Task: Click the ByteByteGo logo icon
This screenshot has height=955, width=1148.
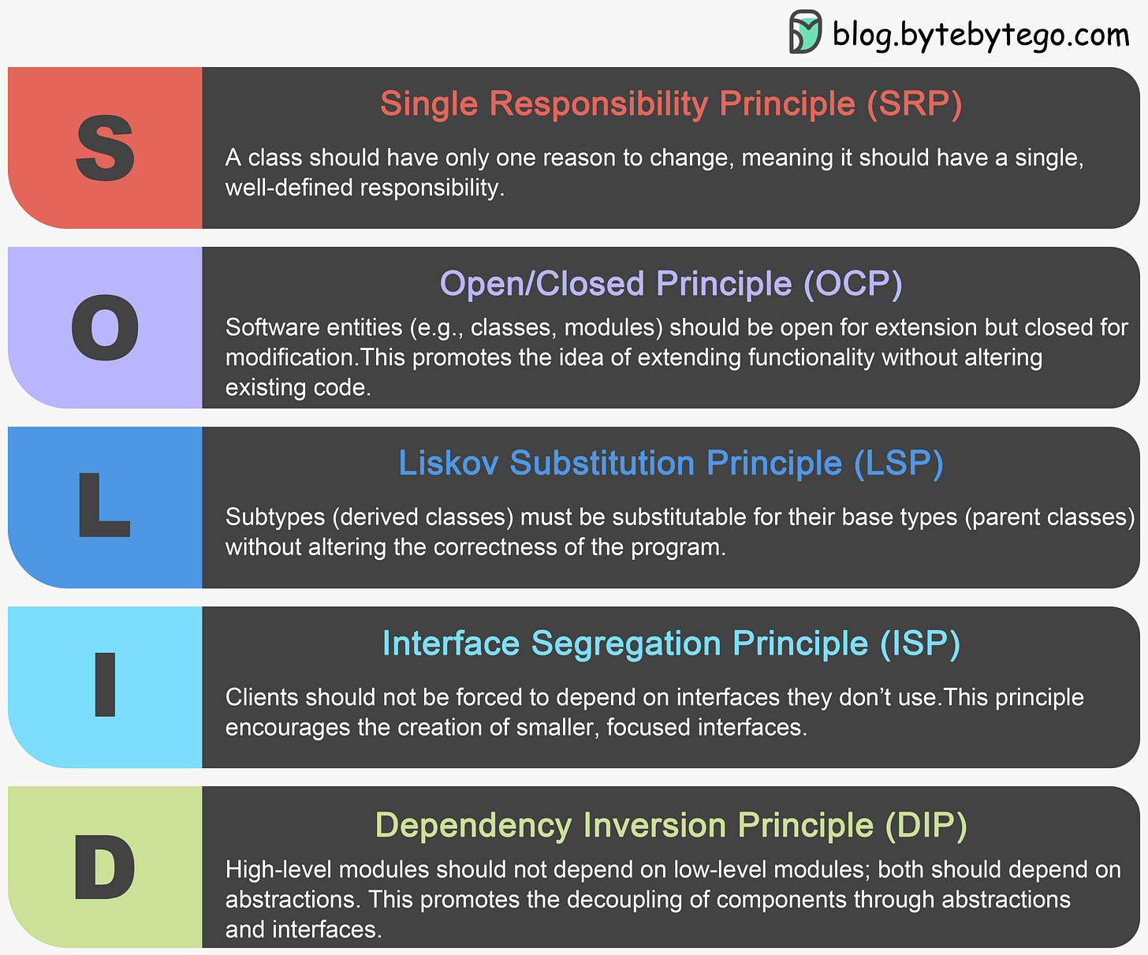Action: click(x=805, y=32)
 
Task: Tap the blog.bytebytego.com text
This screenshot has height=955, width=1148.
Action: click(x=981, y=35)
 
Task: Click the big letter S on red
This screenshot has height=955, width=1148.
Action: click(x=105, y=147)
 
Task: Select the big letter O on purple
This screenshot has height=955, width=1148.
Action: click(x=105, y=328)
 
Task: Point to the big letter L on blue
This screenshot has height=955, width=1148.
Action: click(x=103, y=506)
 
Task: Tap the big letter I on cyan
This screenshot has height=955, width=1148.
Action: click(x=105, y=685)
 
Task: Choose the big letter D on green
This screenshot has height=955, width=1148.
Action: click(x=105, y=867)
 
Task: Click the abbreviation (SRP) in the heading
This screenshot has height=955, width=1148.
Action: click(x=915, y=104)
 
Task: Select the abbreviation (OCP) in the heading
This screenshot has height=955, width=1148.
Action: click(x=852, y=284)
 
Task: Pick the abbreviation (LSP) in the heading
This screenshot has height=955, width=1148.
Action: click(x=899, y=463)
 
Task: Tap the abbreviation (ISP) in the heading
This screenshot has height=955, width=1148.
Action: click(x=920, y=644)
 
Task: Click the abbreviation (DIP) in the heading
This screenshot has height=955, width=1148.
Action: click(x=926, y=825)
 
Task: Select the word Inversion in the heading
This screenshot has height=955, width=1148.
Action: click(x=654, y=825)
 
